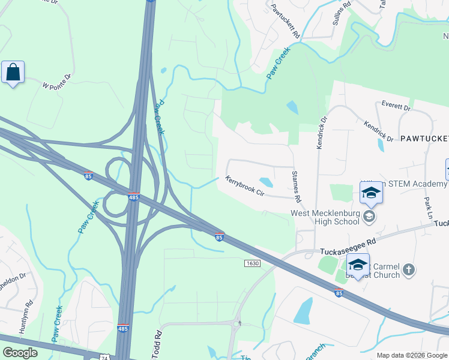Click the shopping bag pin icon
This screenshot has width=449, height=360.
tap(13, 72)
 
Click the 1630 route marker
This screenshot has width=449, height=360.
tap(252, 263)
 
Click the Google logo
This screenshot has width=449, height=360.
tap(20, 353)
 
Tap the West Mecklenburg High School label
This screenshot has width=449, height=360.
tap(325, 217)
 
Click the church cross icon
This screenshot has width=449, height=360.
tap(408, 269)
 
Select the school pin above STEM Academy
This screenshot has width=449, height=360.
tap(371, 192)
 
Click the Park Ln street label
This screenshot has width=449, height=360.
tap(428, 207)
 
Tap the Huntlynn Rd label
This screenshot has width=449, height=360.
tap(23, 322)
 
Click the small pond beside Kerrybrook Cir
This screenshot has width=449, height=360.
tap(265, 182)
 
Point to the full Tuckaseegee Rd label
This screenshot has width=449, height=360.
tap(348, 241)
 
